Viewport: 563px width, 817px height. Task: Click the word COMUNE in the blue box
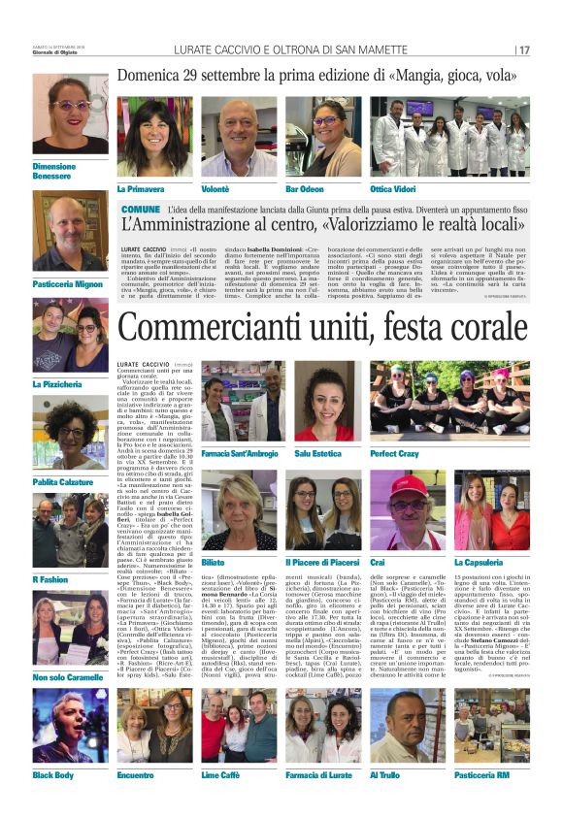click(141, 209)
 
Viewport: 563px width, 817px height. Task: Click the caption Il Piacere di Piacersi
click(323, 562)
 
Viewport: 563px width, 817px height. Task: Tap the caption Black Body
click(54, 776)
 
